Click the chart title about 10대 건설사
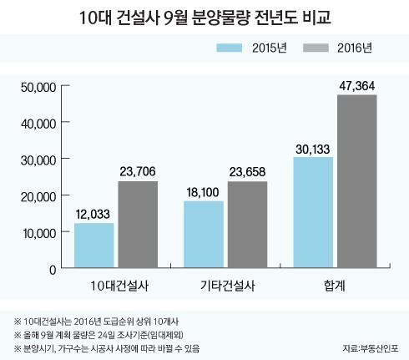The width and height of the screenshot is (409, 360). click(205, 18)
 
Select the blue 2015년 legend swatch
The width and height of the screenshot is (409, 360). click(230, 48)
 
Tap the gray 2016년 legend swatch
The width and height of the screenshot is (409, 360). click(316, 48)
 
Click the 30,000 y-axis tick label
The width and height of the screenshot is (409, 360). click(38, 160)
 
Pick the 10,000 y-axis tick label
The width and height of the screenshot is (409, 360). click(39, 233)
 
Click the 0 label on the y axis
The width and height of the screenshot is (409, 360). click(53, 270)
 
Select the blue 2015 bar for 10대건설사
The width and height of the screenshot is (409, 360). click(94, 246)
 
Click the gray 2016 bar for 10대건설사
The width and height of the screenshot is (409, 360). click(138, 225)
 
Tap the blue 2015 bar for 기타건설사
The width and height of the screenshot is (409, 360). click(204, 235)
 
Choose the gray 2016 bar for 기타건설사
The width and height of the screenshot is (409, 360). click(247, 225)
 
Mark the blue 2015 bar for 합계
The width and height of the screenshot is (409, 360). click(313, 212)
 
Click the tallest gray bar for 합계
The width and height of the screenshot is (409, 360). click(357, 181)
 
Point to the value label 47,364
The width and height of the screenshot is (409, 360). click(357, 86)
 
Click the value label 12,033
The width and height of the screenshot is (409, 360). click(93, 214)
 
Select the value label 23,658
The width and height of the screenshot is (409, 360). click(247, 172)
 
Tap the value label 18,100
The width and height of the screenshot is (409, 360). click(203, 192)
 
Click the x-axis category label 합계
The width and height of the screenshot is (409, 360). click(335, 286)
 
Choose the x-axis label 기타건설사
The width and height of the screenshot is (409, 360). click(227, 286)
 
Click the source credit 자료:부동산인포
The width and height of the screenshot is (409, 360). click(371, 348)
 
